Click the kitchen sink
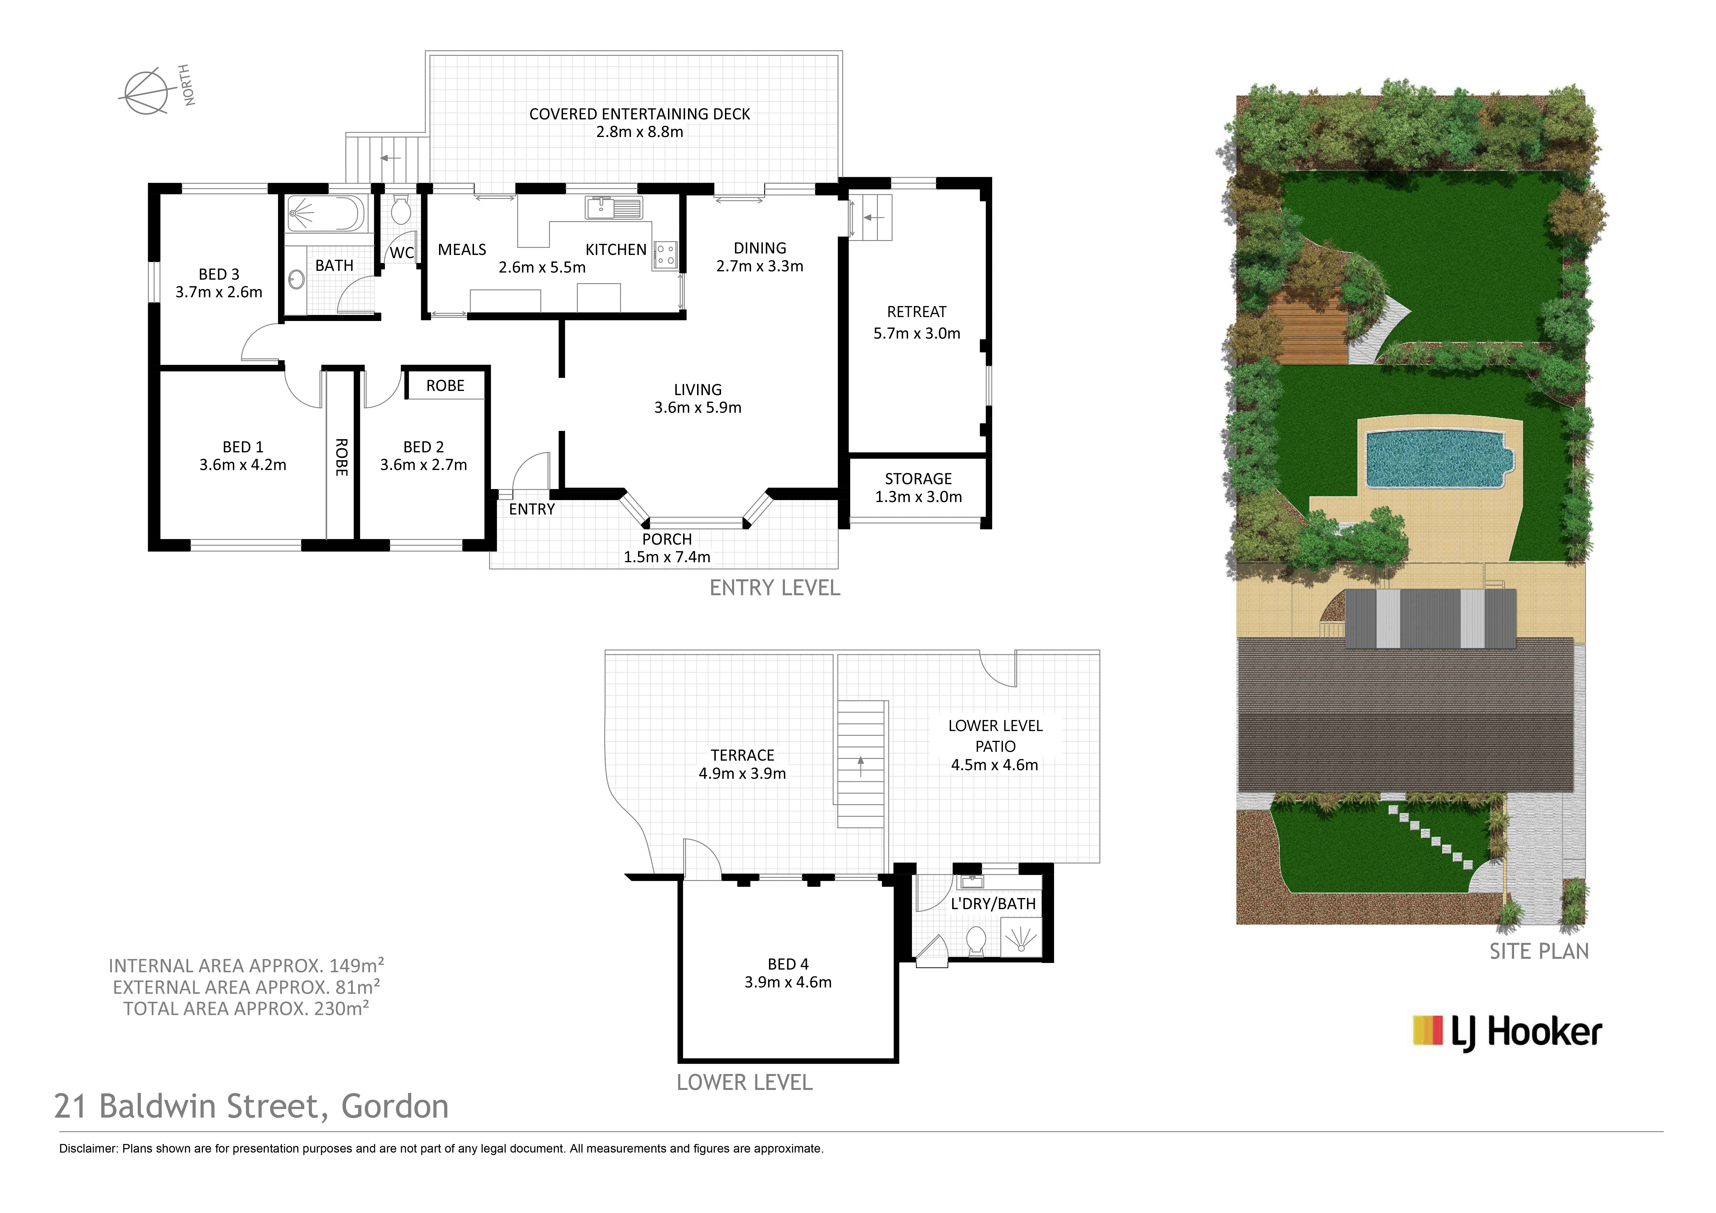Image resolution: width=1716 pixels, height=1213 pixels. [x=614, y=208]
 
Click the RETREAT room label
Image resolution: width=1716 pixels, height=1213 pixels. [x=917, y=312]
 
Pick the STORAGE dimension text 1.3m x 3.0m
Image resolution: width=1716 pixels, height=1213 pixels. [x=919, y=497]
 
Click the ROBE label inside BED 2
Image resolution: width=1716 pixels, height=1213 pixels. [x=445, y=386]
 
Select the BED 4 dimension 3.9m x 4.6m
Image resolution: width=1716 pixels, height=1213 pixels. [x=788, y=982]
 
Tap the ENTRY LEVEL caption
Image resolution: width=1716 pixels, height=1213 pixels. [x=775, y=588]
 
